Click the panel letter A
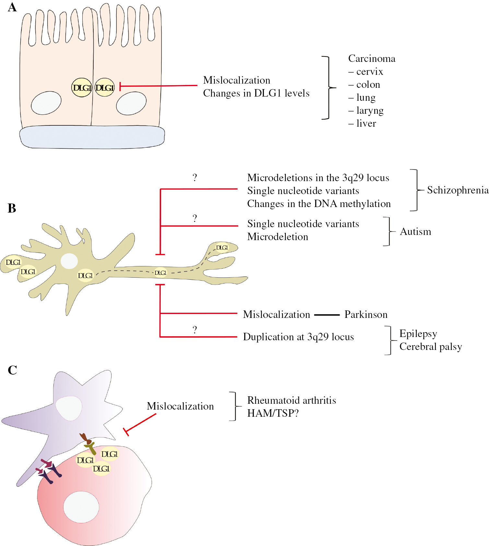tap(12, 7)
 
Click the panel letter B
tap(12, 208)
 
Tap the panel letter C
tap(12, 370)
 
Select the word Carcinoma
tap(372, 59)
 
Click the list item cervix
tap(369, 72)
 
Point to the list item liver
tap(366, 123)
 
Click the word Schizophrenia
tap(458, 190)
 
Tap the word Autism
tap(415, 232)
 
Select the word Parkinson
tap(366, 315)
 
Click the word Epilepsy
tap(418, 334)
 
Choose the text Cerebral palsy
tap(430, 347)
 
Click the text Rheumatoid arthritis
tap(291, 401)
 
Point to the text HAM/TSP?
tap(273, 413)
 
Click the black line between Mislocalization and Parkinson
tap(327, 315)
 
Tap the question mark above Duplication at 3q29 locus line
tap(195, 330)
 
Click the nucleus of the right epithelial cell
tap(131, 103)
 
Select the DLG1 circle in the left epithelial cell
tap(82, 87)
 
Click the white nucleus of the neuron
tap(69, 261)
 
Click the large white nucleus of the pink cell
tap(81, 507)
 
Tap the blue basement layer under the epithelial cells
tap(92, 137)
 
